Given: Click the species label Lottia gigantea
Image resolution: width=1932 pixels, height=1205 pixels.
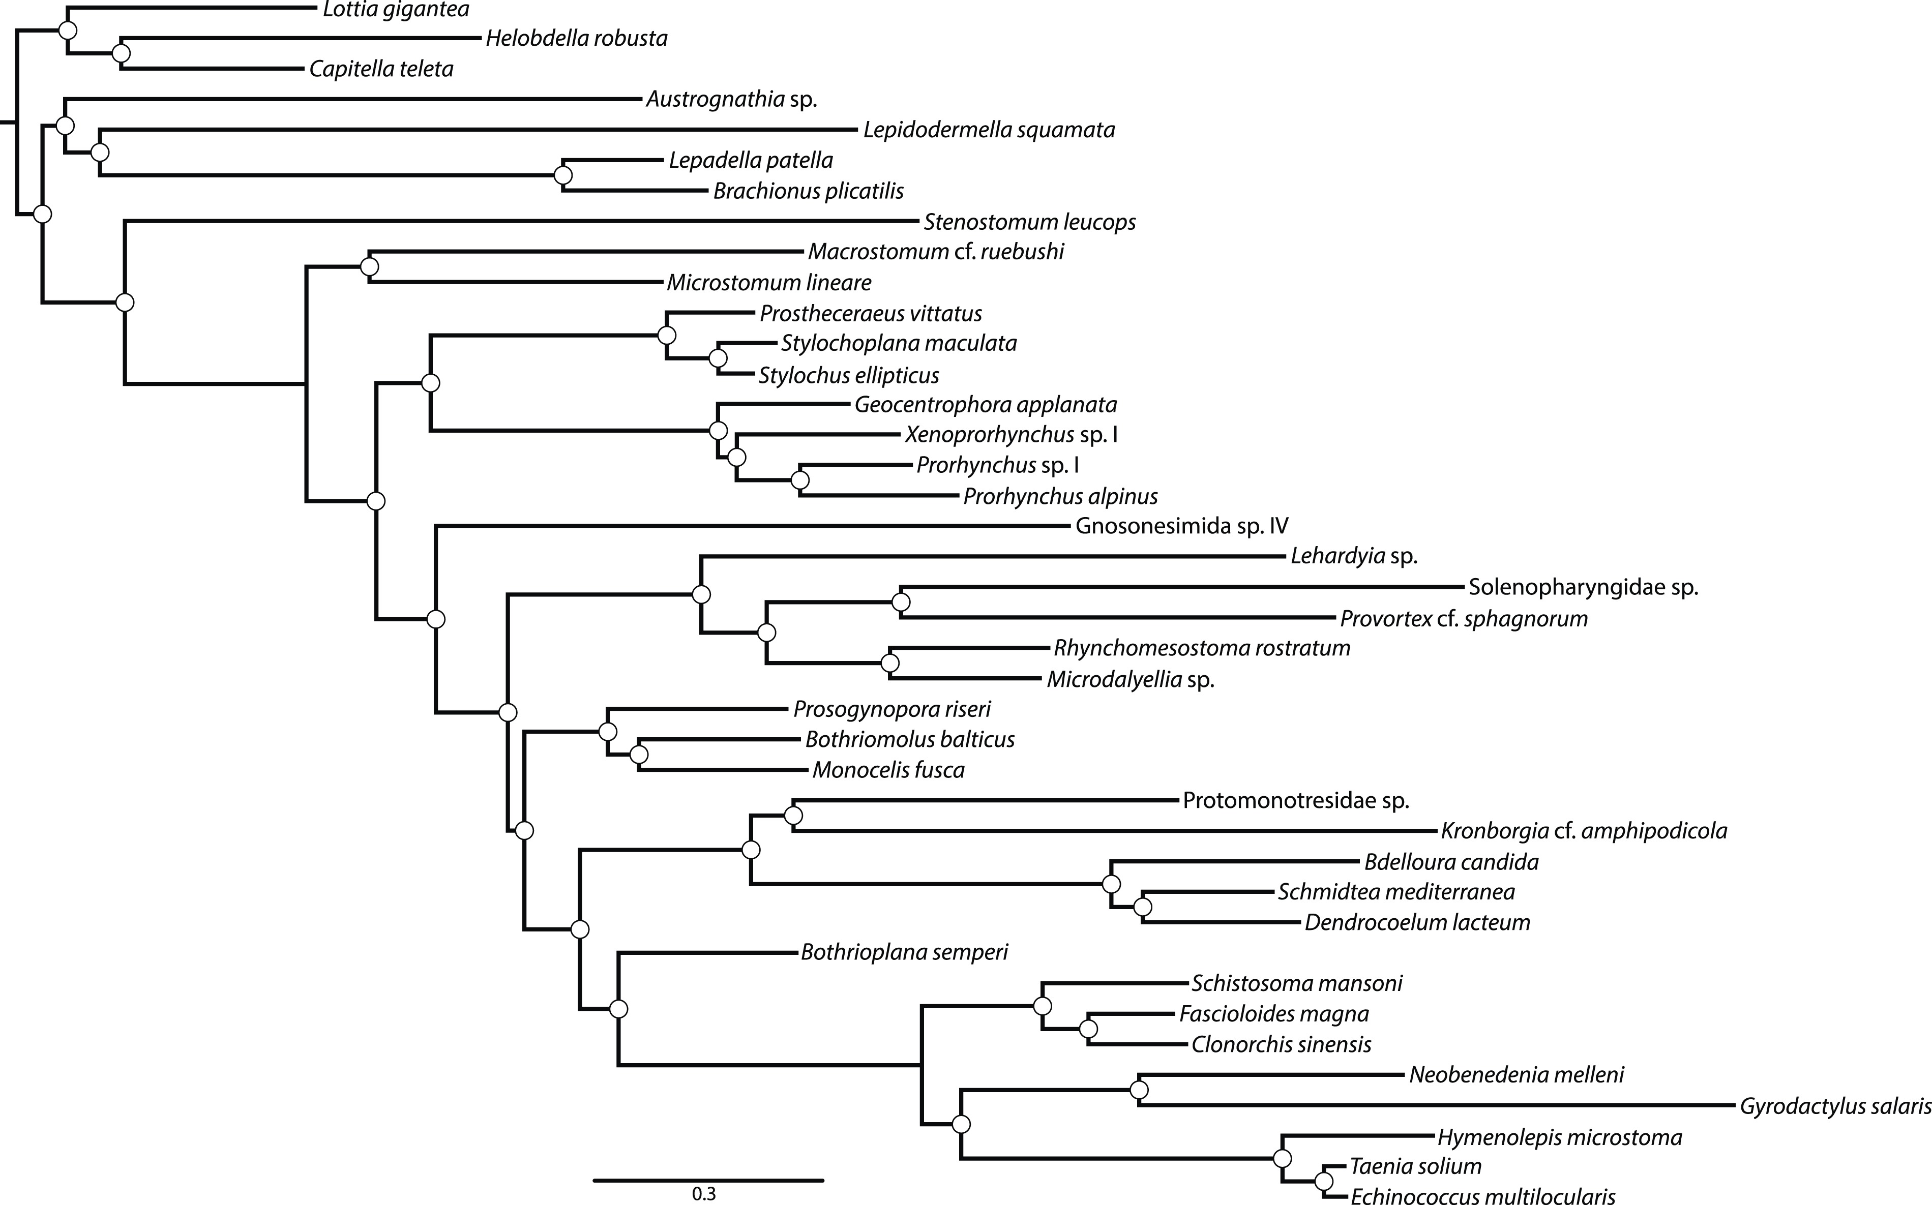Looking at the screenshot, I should click(395, 10).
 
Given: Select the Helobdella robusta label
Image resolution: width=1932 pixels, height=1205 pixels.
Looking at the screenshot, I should click(576, 38).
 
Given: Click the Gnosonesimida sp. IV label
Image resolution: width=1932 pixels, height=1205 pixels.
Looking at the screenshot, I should click(1181, 526).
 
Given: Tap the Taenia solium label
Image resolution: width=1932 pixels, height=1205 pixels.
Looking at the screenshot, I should click(1415, 1167).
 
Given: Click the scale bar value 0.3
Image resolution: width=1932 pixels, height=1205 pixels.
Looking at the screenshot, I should click(704, 1194).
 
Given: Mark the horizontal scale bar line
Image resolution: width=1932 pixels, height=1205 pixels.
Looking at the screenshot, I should click(708, 1180).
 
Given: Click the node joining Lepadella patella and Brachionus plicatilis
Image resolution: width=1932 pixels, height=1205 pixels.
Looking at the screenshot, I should click(563, 175).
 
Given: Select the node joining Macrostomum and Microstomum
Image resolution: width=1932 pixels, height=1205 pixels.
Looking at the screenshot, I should click(369, 266).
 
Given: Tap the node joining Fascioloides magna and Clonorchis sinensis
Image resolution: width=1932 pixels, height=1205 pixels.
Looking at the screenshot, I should click(1089, 1029).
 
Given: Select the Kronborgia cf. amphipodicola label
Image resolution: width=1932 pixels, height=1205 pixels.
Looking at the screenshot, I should click(1584, 831).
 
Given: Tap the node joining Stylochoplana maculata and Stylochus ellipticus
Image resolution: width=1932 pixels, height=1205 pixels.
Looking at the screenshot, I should click(718, 358).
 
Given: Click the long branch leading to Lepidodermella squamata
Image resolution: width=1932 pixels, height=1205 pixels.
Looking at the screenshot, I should click(478, 130).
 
